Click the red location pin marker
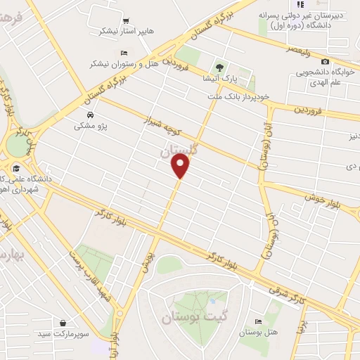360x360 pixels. (181, 167)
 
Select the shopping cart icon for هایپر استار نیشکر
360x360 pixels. (126, 20)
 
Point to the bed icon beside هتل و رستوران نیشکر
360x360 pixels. (124, 53)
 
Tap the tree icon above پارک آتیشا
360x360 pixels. (219, 68)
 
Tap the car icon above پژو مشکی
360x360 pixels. (90, 115)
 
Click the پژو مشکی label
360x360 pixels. (90, 127)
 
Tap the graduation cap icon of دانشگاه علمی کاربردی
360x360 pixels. (15, 167)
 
